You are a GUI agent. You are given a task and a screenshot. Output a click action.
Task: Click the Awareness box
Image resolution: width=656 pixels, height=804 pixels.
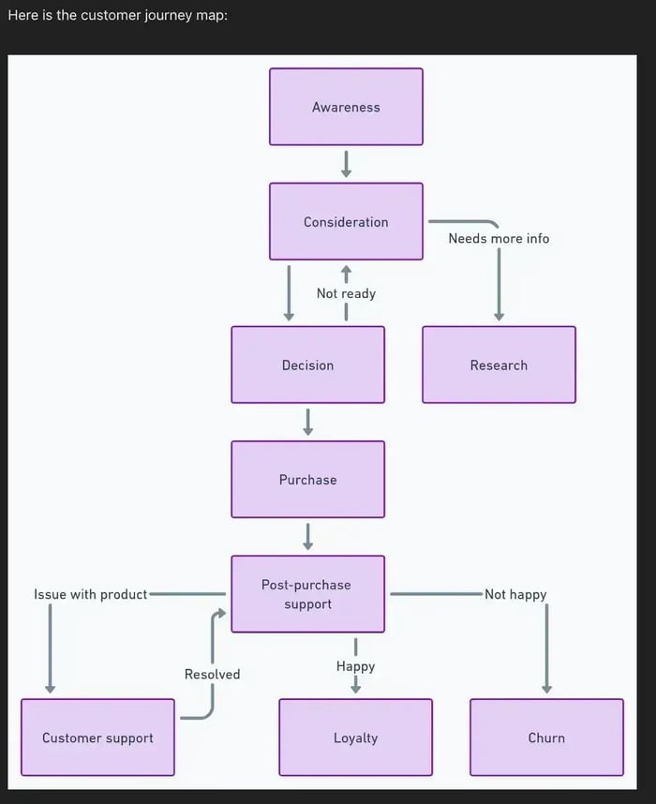point(346,107)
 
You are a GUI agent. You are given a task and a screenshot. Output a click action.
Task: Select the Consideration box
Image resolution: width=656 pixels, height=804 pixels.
point(346,222)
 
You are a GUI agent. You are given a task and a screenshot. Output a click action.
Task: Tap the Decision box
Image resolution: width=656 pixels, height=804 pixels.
point(307,365)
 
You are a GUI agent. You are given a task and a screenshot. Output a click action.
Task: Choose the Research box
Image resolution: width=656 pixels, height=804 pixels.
point(499,365)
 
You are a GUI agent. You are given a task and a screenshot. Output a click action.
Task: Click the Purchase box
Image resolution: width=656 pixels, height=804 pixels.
point(307,479)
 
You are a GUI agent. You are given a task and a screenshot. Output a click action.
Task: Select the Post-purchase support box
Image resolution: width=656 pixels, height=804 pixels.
point(307,594)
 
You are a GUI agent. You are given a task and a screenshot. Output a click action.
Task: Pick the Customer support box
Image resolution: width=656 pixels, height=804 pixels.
point(97,737)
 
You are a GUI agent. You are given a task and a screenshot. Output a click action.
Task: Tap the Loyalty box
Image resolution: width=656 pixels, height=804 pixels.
point(355,737)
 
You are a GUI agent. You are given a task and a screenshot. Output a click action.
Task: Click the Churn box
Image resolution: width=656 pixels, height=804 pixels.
point(546,737)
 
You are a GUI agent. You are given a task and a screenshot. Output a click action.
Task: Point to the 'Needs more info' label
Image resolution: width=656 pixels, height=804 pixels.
point(499,238)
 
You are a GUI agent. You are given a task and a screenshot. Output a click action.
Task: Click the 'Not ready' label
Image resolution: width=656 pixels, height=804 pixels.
point(346,293)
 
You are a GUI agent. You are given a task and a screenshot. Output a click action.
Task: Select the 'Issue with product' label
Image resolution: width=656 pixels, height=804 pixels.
point(91,594)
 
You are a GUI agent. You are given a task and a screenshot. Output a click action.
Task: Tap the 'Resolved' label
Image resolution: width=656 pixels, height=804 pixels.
point(212,674)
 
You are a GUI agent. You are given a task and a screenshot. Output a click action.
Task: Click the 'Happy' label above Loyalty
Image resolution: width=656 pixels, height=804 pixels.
point(355,666)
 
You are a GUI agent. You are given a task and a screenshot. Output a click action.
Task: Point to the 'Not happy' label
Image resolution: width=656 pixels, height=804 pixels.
point(515,594)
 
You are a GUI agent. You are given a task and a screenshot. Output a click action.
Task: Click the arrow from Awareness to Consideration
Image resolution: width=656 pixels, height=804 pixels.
point(346,164)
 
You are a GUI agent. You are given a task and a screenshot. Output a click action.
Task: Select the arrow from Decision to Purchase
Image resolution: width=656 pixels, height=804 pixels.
point(307,422)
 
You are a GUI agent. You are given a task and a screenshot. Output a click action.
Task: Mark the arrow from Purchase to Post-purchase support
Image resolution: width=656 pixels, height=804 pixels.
point(307,536)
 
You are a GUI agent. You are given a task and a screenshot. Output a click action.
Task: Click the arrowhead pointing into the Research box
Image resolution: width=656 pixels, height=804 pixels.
point(499,316)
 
